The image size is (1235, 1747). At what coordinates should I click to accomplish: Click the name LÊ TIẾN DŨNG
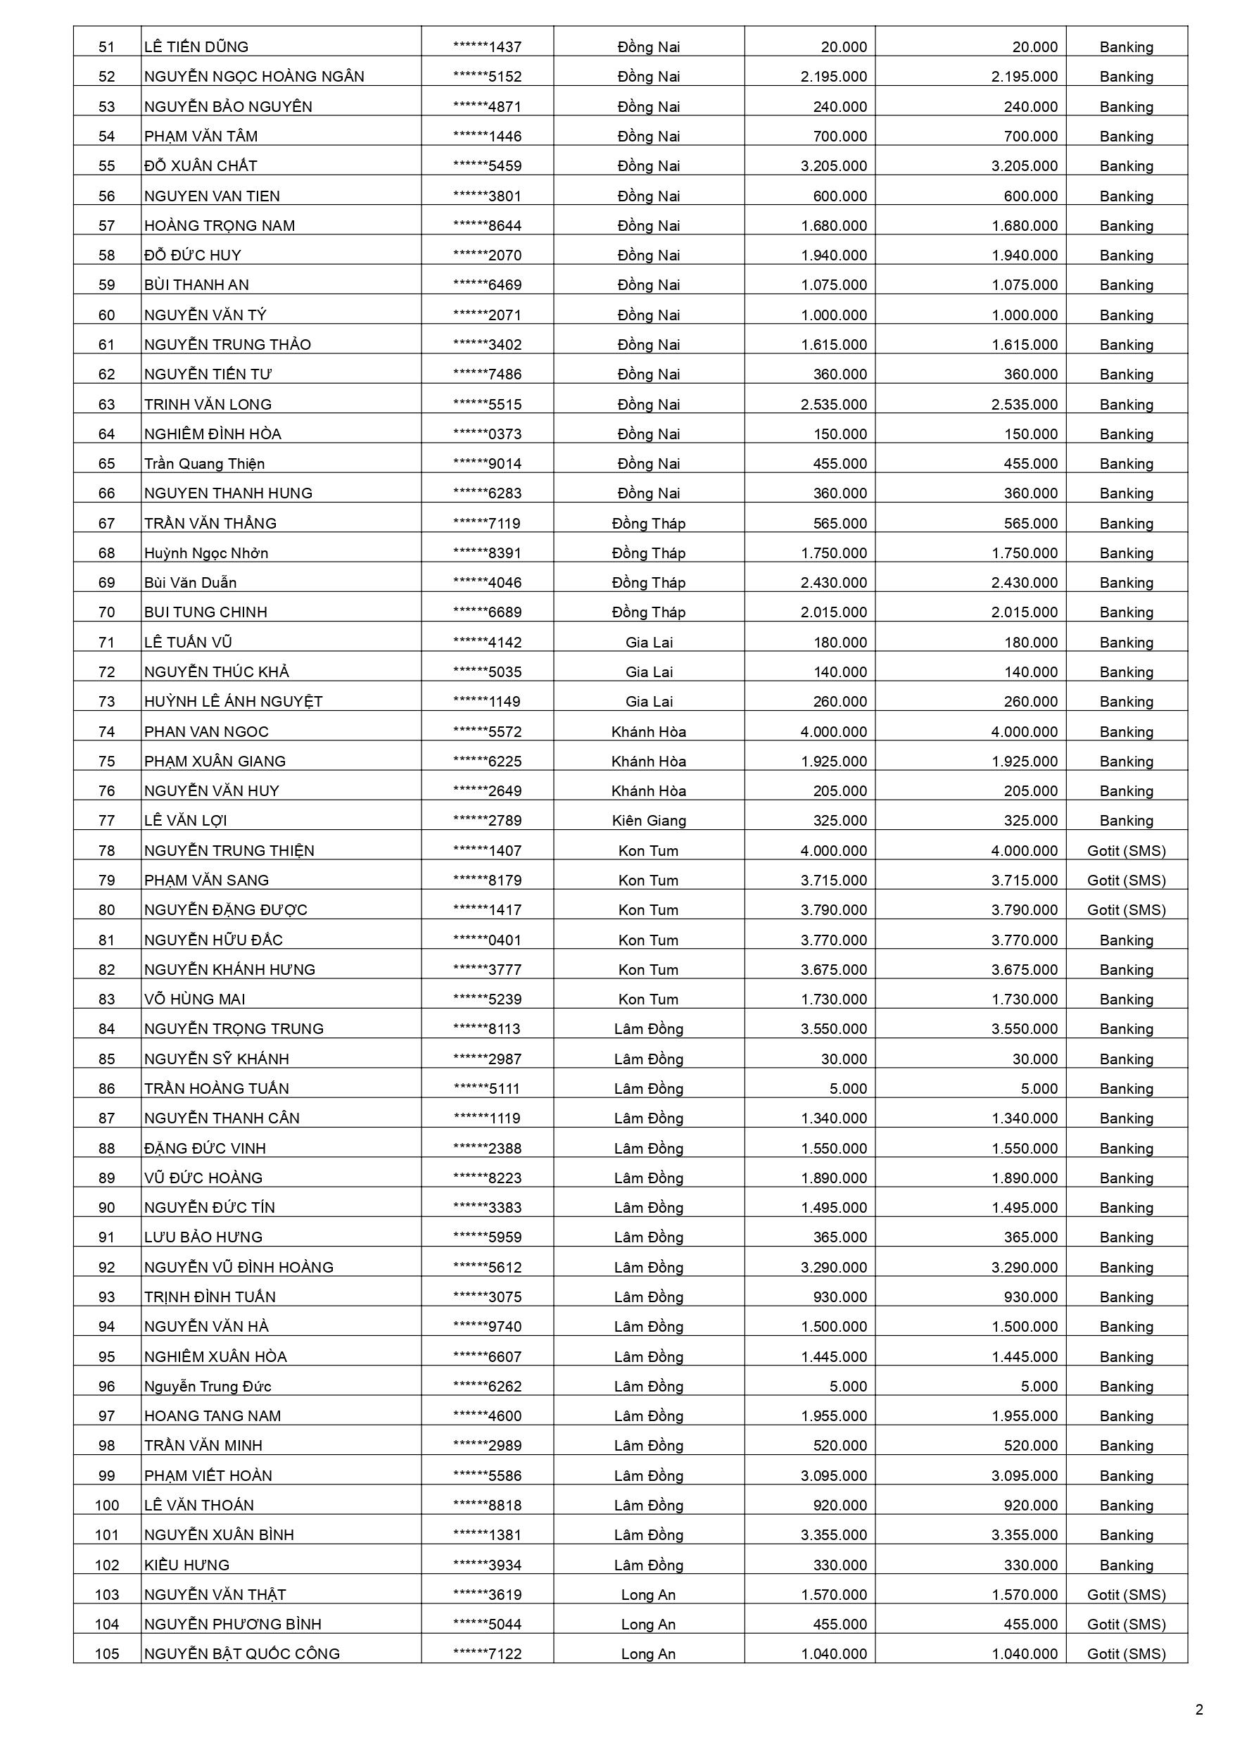coord(196,46)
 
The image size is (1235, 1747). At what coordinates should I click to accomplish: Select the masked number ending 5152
coord(487,76)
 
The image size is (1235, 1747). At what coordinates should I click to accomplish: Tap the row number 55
coord(106,166)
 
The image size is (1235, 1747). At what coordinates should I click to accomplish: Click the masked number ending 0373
coord(487,434)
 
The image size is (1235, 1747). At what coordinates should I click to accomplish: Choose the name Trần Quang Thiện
coord(205,463)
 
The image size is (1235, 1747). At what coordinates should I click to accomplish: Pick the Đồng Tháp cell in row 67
coord(648,523)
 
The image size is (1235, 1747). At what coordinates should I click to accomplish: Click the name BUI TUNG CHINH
coord(205,612)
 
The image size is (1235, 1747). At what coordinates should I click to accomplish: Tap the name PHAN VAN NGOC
coord(206,731)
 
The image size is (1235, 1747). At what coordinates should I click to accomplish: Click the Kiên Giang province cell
coord(648,820)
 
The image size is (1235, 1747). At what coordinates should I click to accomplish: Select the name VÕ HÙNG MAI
coord(195,998)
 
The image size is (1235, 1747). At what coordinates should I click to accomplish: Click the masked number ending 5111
coord(487,1088)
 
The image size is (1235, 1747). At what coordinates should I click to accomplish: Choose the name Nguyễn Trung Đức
coord(208,1386)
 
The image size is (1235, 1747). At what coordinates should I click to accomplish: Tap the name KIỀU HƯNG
coord(186,1565)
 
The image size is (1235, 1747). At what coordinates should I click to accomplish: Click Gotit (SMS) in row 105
coord(1126,1653)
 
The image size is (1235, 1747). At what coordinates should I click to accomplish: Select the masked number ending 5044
coord(487,1624)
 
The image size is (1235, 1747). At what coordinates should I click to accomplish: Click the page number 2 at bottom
coord(1199,1710)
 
